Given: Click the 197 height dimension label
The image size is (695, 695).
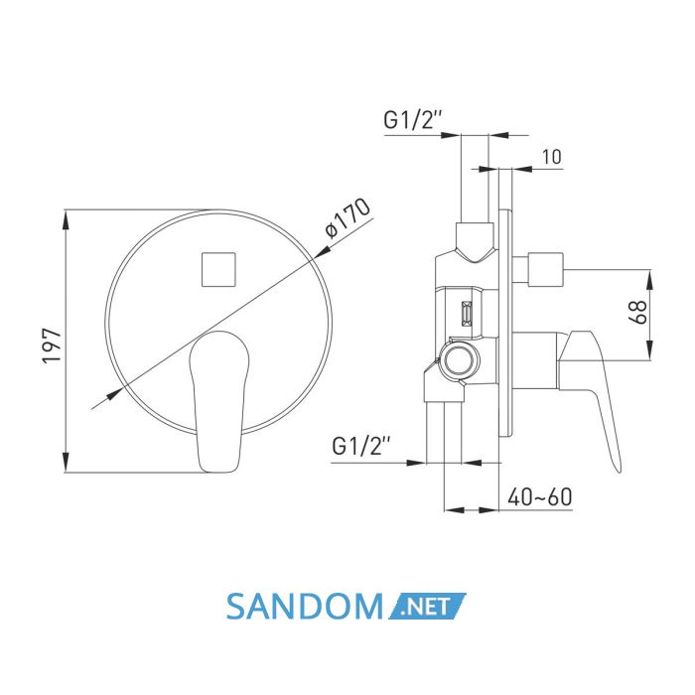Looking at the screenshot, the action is click(x=51, y=346).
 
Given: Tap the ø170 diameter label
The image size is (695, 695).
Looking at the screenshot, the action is click(x=347, y=217).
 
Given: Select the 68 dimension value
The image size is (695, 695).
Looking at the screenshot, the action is click(x=638, y=312).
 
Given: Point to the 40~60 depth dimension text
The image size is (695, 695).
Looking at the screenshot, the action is click(x=539, y=496).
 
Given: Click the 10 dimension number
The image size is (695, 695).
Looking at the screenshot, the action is click(x=552, y=157).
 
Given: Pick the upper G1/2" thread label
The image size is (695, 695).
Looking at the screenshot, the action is click(x=413, y=119).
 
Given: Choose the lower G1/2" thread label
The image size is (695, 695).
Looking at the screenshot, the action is click(x=361, y=446).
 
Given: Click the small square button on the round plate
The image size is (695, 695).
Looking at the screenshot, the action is click(x=218, y=269).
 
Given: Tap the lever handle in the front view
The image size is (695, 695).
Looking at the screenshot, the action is click(x=218, y=401).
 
